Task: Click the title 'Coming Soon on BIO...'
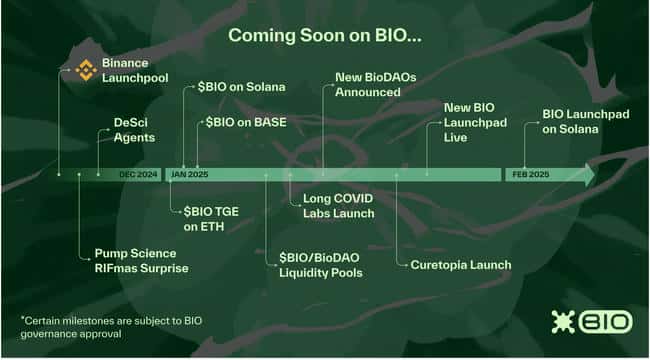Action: pos(324,35)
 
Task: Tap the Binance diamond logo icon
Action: pos(87,69)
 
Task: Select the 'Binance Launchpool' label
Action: pos(135,69)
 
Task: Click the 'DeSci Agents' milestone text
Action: pos(134,130)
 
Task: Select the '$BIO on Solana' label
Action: pos(241,87)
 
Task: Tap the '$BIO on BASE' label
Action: pos(244,122)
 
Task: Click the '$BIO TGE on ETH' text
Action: pos(212,219)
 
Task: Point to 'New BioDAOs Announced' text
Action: pos(367,85)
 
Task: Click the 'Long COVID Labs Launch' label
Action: pos(338,206)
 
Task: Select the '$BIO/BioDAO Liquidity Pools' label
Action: pos(320,265)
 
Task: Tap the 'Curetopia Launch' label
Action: pos(460,265)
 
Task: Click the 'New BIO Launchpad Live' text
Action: pos(475,121)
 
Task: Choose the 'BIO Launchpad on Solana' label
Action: pos(585,121)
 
